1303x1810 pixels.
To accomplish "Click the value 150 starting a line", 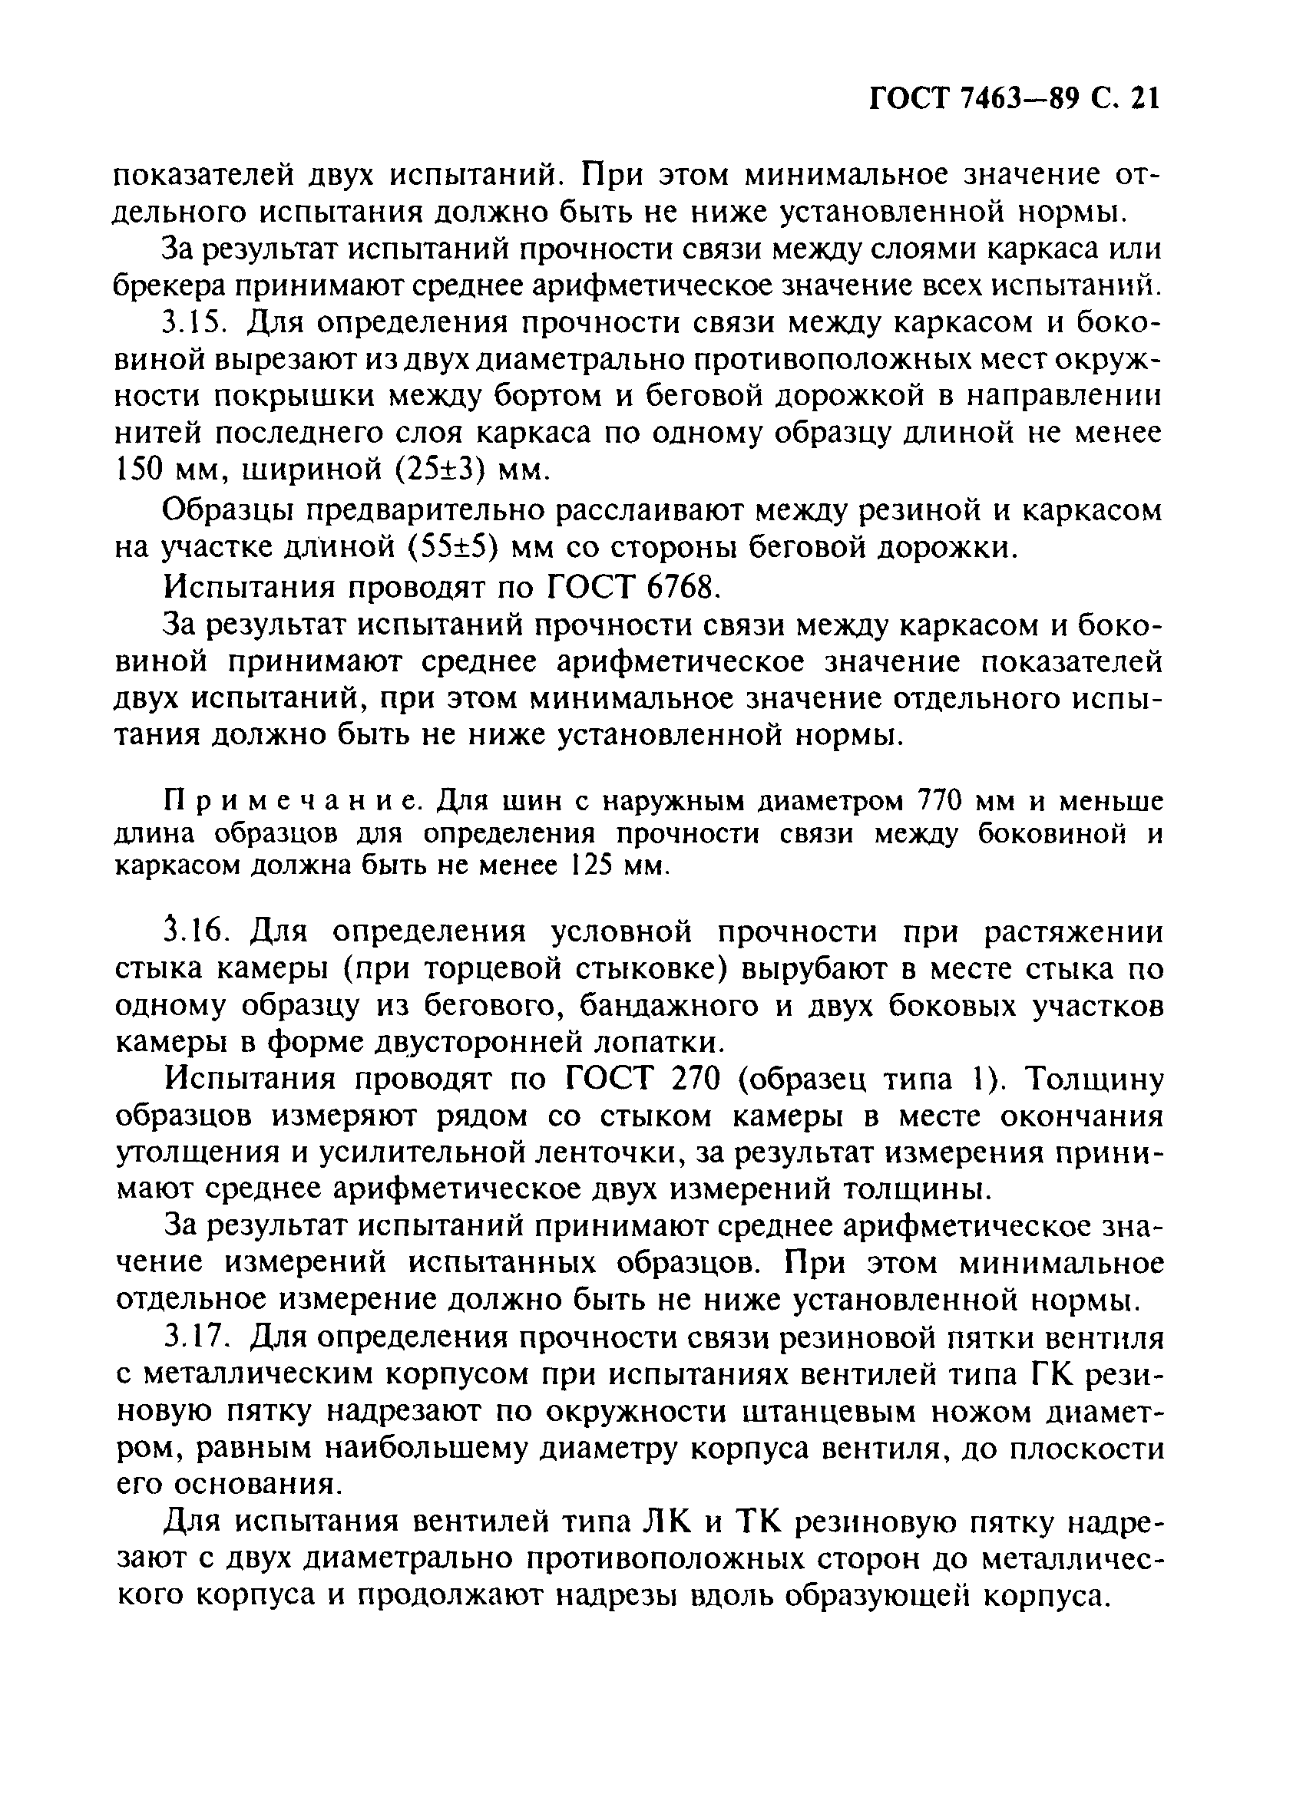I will click(139, 471).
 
